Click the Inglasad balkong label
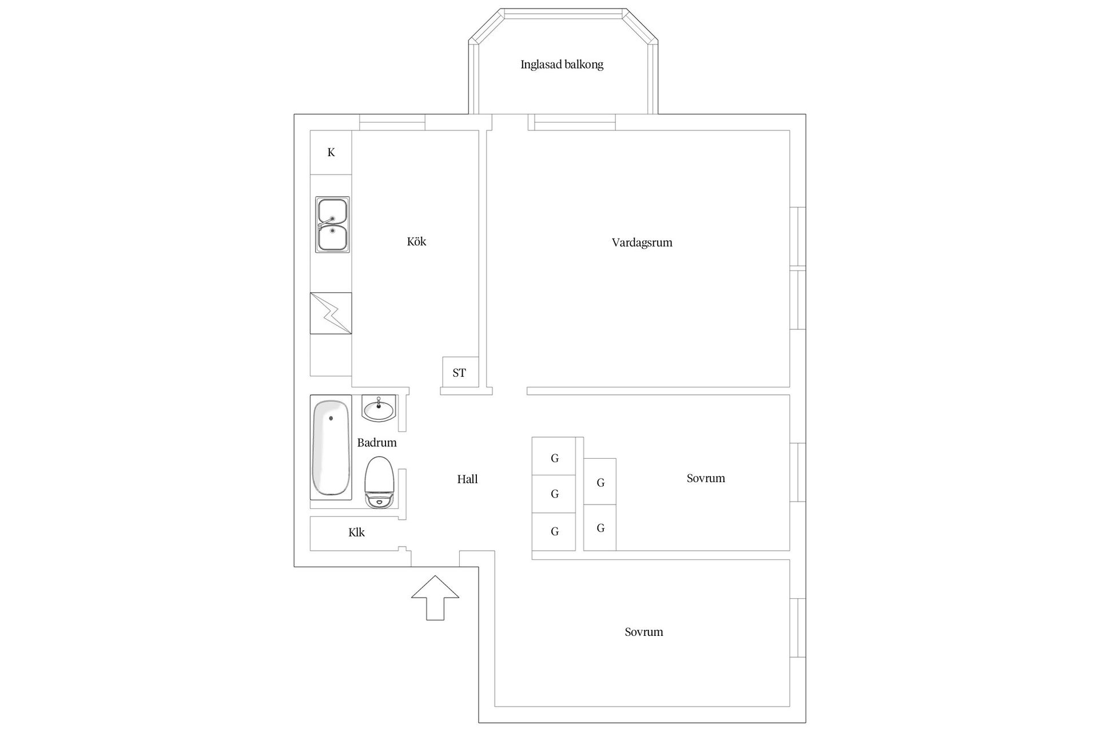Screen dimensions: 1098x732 tap(562, 65)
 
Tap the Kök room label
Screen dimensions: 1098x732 tap(416, 241)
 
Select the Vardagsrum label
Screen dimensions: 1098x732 tap(642, 242)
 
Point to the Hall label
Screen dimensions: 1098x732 tap(467, 479)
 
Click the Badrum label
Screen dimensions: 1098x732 tap(377, 443)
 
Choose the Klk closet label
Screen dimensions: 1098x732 tap(356, 532)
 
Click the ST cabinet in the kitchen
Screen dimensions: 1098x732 tap(460, 372)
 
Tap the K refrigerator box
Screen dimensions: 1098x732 tap(331, 153)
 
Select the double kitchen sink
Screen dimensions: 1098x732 tap(332, 224)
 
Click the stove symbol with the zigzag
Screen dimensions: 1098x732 tap(331, 313)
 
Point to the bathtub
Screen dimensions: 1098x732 tap(331, 447)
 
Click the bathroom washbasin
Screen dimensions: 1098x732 tap(379, 408)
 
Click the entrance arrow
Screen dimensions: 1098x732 tap(435, 598)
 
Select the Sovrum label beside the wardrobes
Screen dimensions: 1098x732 tap(706, 478)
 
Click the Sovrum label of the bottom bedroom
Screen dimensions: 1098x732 tap(644, 632)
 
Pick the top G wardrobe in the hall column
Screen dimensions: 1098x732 tap(554, 456)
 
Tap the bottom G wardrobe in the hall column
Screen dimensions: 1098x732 tap(554, 532)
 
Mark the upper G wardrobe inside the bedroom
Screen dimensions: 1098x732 tap(600, 482)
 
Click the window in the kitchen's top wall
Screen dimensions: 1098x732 tap(392, 122)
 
